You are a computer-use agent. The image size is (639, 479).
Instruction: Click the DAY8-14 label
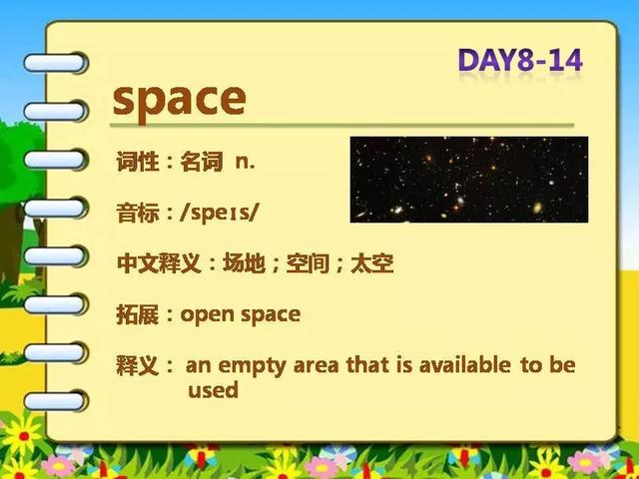(x=520, y=60)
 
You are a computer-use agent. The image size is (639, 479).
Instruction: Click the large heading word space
(x=180, y=101)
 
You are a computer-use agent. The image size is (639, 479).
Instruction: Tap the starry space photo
(x=469, y=180)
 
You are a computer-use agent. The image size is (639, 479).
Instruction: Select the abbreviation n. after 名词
(x=246, y=163)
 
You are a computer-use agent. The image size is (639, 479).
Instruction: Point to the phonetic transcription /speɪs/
(x=220, y=213)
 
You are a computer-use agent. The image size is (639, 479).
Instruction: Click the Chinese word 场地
(x=244, y=263)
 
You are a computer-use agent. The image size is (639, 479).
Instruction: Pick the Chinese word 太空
(x=372, y=263)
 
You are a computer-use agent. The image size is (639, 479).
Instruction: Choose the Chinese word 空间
(x=308, y=263)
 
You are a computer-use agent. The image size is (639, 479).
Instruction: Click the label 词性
(x=138, y=162)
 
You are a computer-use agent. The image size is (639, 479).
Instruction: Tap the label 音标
(x=138, y=213)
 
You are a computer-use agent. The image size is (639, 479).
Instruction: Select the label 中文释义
(x=159, y=263)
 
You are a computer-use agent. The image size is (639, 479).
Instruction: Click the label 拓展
(x=138, y=314)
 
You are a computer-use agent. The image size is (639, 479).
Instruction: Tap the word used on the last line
(x=213, y=390)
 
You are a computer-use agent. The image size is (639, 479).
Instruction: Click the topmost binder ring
(x=56, y=63)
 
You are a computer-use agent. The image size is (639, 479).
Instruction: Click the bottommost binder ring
(x=56, y=401)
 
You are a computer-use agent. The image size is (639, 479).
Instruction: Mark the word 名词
(x=202, y=162)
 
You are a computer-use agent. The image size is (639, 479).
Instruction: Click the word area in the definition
(x=316, y=366)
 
